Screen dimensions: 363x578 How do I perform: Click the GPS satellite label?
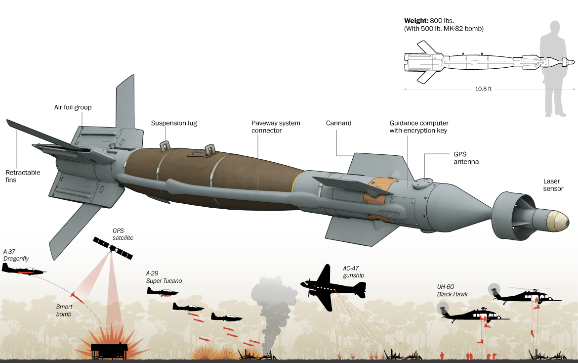click(x=123, y=234)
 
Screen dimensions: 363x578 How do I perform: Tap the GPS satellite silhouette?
click(x=113, y=248)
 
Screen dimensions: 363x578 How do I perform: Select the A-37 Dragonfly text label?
click(x=16, y=255)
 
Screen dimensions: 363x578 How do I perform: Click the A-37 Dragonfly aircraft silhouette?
click(x=22, y=270)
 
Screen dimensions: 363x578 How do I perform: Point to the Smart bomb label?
click(x=64, y=310)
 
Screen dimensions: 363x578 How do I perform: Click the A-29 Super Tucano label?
click(x=164, y=277)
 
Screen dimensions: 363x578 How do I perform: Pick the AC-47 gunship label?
click(x=355, y=272)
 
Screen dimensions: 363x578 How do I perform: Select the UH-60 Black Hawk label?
click(x=452, y=290)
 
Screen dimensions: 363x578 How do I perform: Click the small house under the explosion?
click(x=109, y=351)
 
